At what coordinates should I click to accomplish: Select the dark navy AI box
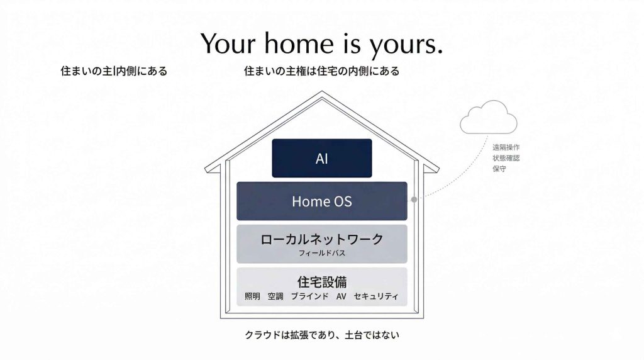click(321, 158)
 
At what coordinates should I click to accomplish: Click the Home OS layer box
click(321, 201)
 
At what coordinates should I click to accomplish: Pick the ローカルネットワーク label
click(321, 239)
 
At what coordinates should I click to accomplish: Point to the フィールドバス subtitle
click(321, 254)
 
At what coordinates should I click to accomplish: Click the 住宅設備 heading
click(321, 281)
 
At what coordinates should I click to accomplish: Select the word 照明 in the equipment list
click(252, 296)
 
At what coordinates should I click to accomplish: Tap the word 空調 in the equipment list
click(275, 296)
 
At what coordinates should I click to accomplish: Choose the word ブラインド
click(309, 296)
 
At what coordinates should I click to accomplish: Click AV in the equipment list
click(341, 296)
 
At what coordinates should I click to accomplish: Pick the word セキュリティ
click(375, 296)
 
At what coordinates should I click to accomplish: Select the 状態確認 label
click(506, 158)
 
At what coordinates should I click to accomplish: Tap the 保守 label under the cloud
click(499, 169)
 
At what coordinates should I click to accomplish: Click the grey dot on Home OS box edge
click(414, 200)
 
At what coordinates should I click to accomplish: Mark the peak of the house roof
click(321, 93)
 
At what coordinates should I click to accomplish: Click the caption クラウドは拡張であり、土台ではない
click(321, 335)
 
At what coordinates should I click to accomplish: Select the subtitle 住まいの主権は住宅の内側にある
click(321, 71)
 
